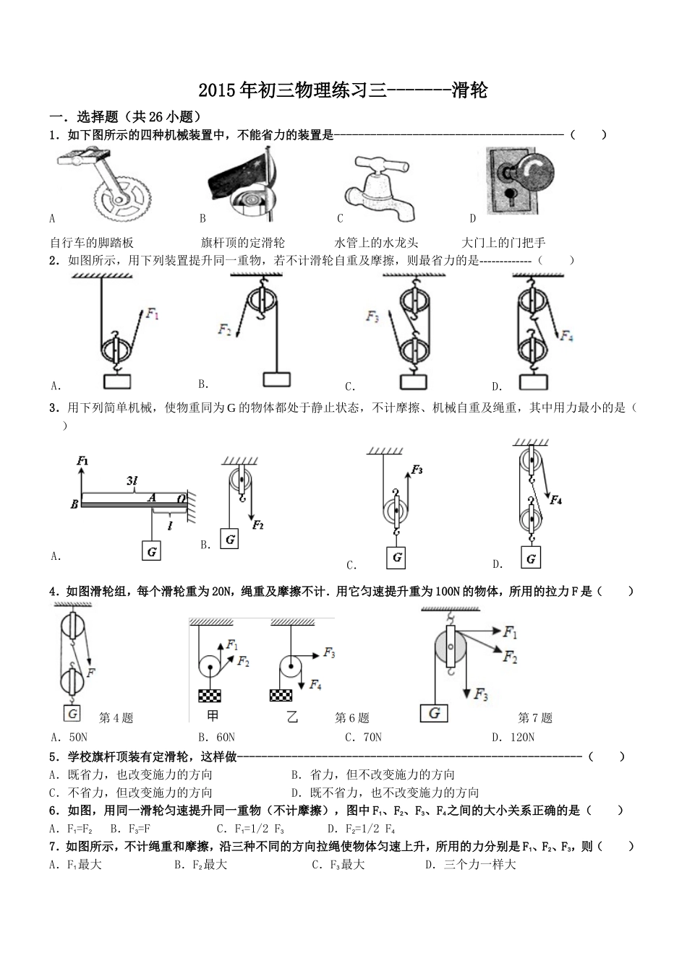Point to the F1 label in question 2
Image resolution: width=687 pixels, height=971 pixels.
[x=152, y=314]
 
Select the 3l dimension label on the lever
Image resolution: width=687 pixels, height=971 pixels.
[x=132, y=481]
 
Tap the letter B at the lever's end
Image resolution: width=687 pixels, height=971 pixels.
[x=74, y=505]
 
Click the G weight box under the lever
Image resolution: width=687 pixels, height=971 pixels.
[x=152, y=552]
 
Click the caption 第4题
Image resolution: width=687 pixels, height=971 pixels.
[x=116, y=718]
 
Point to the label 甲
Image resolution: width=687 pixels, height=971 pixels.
[x=213, y=717]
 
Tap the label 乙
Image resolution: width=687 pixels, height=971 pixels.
[x=292, y=717]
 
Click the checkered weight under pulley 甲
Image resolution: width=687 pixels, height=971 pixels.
[x=210, y=695]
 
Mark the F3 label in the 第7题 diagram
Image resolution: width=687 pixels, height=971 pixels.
[x=482, y=695]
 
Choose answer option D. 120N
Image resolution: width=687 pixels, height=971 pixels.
[x=513, y=738]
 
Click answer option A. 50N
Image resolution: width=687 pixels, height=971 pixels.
[x=69, y=738]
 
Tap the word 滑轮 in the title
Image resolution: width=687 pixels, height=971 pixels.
[x=469, y=90]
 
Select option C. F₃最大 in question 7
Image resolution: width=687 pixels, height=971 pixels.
[x=338, y=865]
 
